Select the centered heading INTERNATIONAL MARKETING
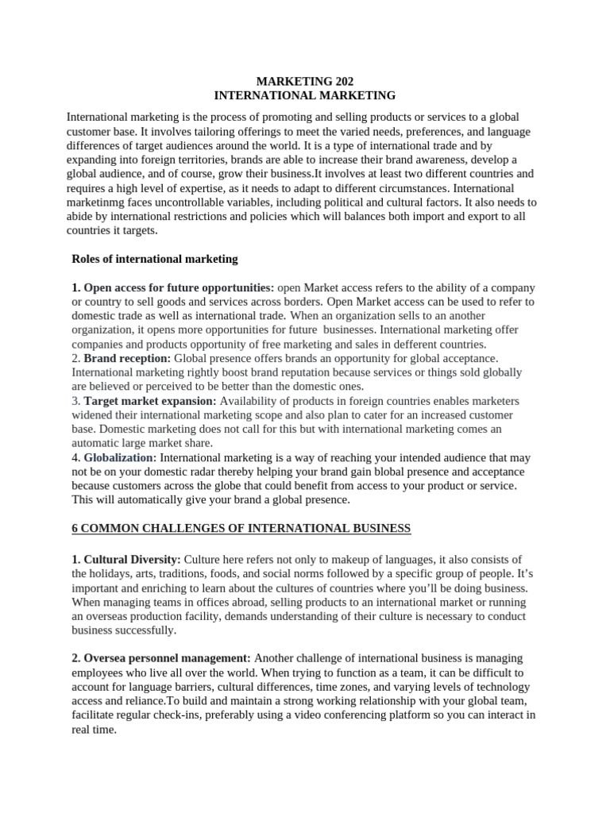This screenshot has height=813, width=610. click(x=304, y=95)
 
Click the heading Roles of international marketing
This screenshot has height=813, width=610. click(x=154, y=259)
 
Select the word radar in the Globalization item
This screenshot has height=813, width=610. click(x=205, y=472)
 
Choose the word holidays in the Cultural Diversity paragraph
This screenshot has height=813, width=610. click(x=113, y=574)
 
